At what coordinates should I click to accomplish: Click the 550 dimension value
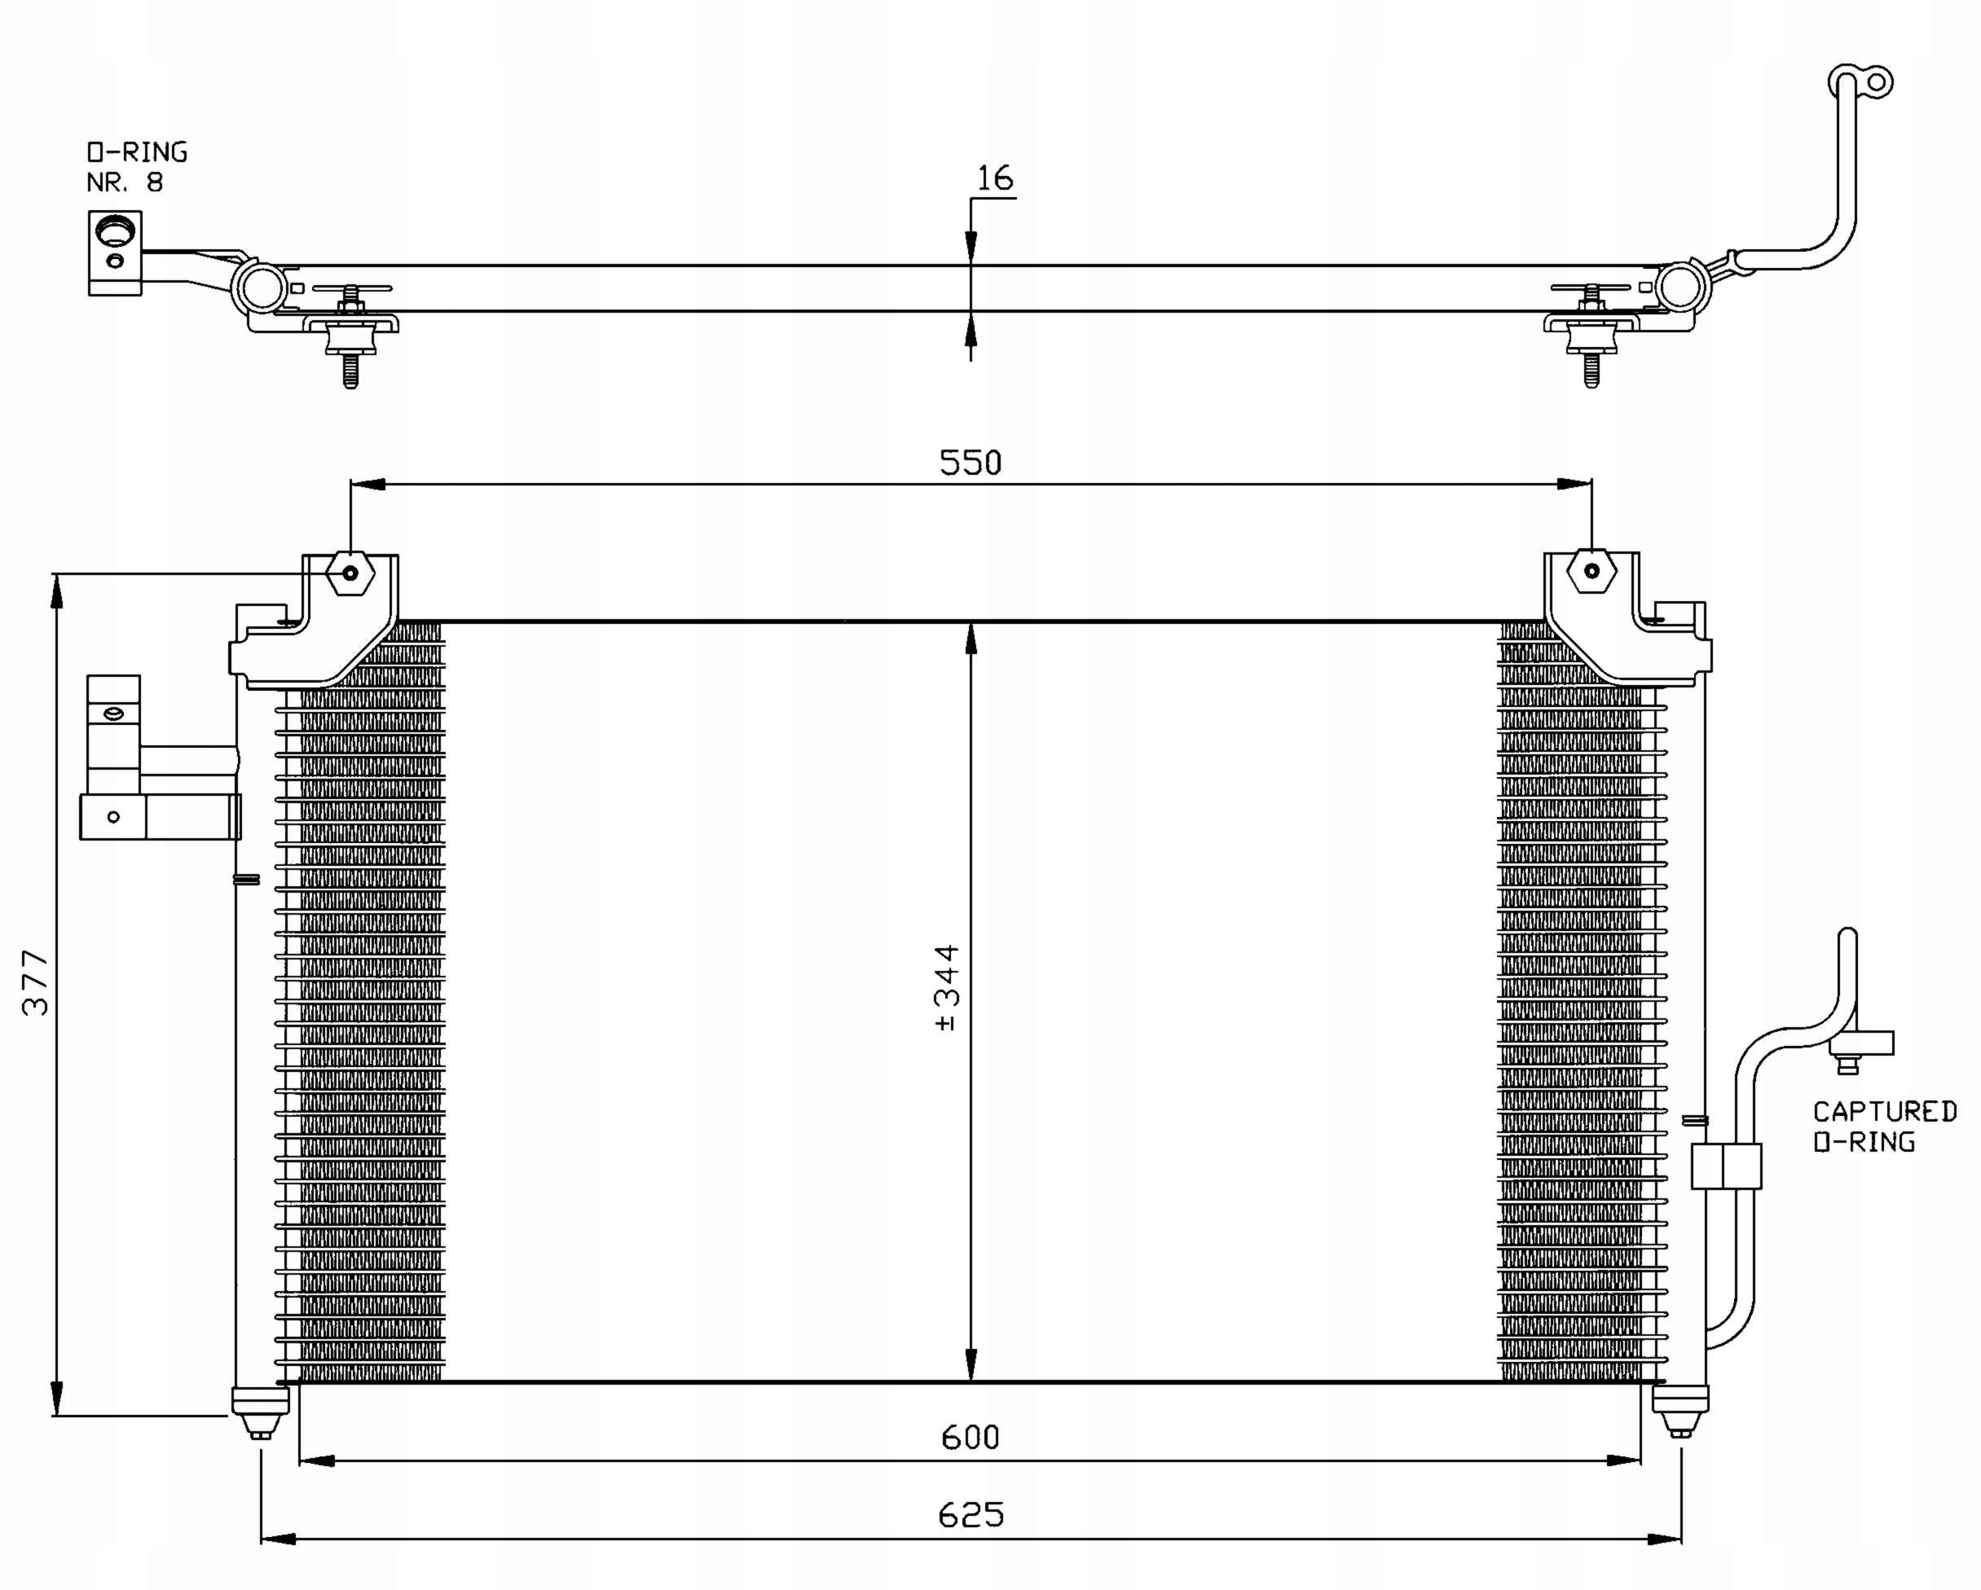971,462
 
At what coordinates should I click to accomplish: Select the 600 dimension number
971,1437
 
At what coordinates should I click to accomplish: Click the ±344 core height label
946,988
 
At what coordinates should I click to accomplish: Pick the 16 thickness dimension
995,178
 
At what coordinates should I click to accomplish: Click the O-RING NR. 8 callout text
137,167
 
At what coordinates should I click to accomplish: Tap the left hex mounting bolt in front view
350,573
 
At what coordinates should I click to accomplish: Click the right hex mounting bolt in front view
1591,570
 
